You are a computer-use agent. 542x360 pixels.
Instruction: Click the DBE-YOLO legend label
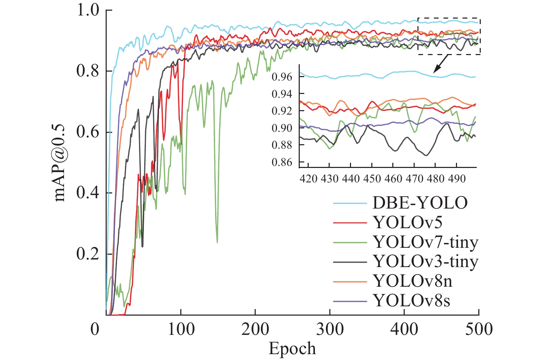(420, 203)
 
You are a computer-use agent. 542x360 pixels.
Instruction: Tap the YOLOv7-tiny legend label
(426, 242)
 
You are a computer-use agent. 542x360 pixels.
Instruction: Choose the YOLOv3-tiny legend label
(426, 262)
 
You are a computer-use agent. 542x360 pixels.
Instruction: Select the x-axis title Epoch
(292, 349)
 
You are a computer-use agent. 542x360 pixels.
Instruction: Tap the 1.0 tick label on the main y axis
(88, 10)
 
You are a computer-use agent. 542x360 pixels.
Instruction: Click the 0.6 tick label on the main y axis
(88, 133)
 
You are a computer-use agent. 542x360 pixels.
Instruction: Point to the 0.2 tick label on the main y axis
(88, 254)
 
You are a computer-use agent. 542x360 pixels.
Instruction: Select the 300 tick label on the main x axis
(330, 329)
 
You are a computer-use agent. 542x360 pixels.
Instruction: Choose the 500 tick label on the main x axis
(479, 329)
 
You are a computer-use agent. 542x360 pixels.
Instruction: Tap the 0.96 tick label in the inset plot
(282, 77)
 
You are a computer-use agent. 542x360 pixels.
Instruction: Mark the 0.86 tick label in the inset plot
(282, 162)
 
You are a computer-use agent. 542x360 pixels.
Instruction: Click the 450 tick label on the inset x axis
(372, 179)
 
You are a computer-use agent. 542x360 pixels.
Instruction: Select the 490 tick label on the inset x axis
(457, 179)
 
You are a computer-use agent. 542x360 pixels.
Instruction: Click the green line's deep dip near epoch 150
(217, 241)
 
